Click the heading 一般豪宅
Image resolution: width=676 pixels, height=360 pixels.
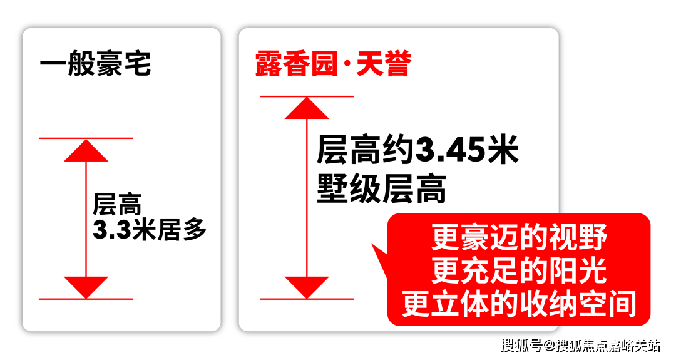coord(95,64)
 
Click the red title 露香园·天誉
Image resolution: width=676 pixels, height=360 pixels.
coord(333,64)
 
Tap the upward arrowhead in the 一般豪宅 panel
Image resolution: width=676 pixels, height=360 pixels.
coord(86,150)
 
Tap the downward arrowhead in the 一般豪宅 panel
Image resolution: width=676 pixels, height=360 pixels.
coord(86,287)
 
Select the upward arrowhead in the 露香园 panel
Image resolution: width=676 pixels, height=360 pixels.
coord(307,108)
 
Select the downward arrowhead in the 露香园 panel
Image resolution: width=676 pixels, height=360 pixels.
coord(307,287)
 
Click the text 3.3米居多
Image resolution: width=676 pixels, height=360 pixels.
coord(149,229)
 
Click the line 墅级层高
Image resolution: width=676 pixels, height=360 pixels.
coord(382,188)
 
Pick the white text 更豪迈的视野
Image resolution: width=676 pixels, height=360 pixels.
coord(519,237)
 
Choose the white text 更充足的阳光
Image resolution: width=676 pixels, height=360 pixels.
coord(519,270)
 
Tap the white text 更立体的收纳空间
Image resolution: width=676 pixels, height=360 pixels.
coord(519,303)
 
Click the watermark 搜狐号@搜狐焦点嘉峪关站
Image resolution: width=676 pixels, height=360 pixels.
coord(580,346)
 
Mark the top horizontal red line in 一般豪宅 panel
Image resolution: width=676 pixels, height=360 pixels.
coord(86,138)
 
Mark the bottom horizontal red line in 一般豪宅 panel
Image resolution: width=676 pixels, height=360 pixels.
coord(86,299)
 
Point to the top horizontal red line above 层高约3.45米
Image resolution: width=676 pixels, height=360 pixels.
coord(307,96)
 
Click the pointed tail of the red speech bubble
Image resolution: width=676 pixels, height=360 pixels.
coord(372,245)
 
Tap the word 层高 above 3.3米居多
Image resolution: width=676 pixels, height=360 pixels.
coord(117,204)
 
